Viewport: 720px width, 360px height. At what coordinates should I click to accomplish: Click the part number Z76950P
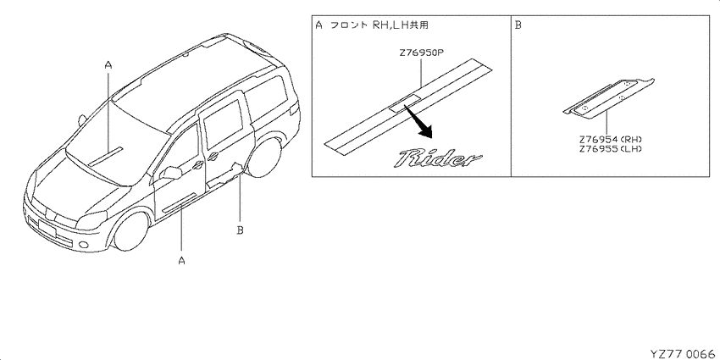tap(422, 53)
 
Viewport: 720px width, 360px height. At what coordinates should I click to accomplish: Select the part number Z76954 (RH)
tap(610, 139)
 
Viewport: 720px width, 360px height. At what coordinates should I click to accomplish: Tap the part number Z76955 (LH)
tap(610, 149)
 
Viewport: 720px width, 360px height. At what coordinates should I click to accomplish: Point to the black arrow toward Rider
tap(418, 122)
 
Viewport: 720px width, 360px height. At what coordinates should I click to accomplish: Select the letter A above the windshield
tap(108, 66)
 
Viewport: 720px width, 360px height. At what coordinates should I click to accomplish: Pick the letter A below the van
tap(181, 260)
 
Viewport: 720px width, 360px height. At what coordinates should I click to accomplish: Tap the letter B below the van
tap(240, 230)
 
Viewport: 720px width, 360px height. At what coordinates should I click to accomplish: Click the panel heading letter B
tap(518, 25)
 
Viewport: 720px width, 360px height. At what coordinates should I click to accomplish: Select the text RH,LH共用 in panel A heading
tap(401, 25)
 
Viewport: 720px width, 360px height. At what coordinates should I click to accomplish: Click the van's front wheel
tap(130, 231)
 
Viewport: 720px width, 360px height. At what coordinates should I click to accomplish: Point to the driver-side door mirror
tap(171, 173)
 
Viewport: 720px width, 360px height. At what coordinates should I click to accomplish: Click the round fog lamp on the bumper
tap(84, 245)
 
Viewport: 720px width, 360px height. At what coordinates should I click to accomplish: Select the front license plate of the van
tap(47, 228)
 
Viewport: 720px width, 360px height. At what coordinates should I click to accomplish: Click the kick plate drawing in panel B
tap(609, 99)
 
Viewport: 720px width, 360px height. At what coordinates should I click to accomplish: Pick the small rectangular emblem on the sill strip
tap(404, 102)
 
